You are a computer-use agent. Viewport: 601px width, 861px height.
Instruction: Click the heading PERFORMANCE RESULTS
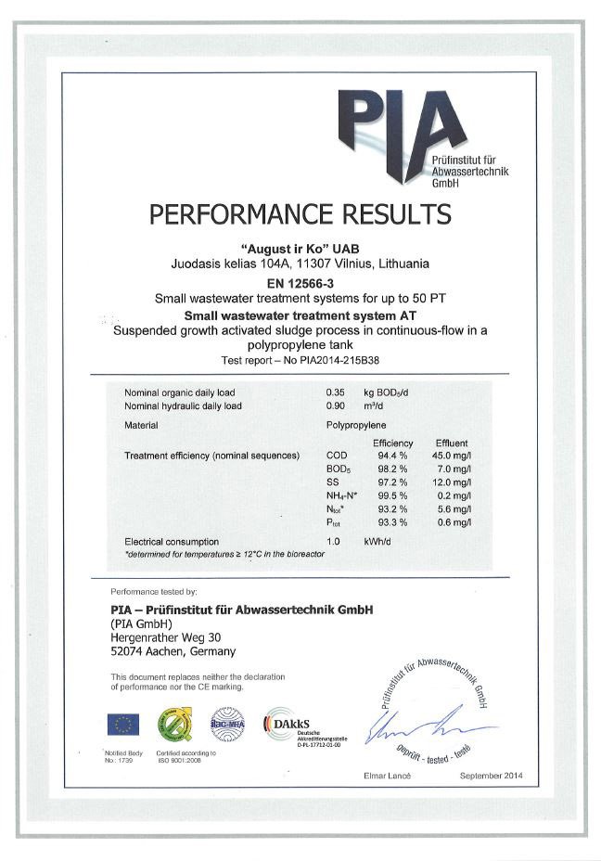coord(300,214)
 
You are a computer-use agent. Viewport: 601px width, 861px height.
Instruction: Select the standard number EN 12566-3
coord(300,282)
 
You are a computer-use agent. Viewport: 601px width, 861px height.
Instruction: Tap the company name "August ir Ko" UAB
coord(300,249)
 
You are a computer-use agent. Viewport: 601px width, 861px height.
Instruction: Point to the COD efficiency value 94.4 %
coord(392,456)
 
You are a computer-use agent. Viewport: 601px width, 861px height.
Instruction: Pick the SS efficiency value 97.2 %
coord(392,482)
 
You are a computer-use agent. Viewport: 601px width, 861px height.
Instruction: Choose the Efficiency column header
coord(392,443)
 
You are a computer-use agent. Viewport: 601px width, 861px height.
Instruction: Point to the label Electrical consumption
coord(172,541)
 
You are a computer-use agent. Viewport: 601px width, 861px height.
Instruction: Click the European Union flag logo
coord(123,723)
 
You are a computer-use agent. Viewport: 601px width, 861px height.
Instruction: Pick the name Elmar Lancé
coord(387,775)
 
